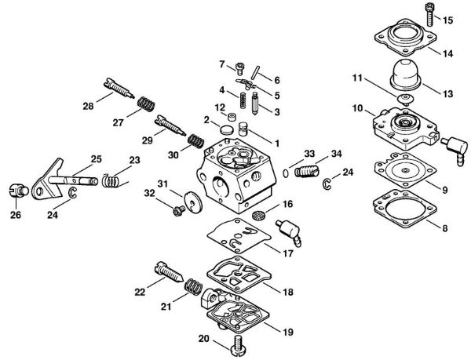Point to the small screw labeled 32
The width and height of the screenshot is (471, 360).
(x=177, y=209)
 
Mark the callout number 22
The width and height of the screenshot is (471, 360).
(x=140, y=292)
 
